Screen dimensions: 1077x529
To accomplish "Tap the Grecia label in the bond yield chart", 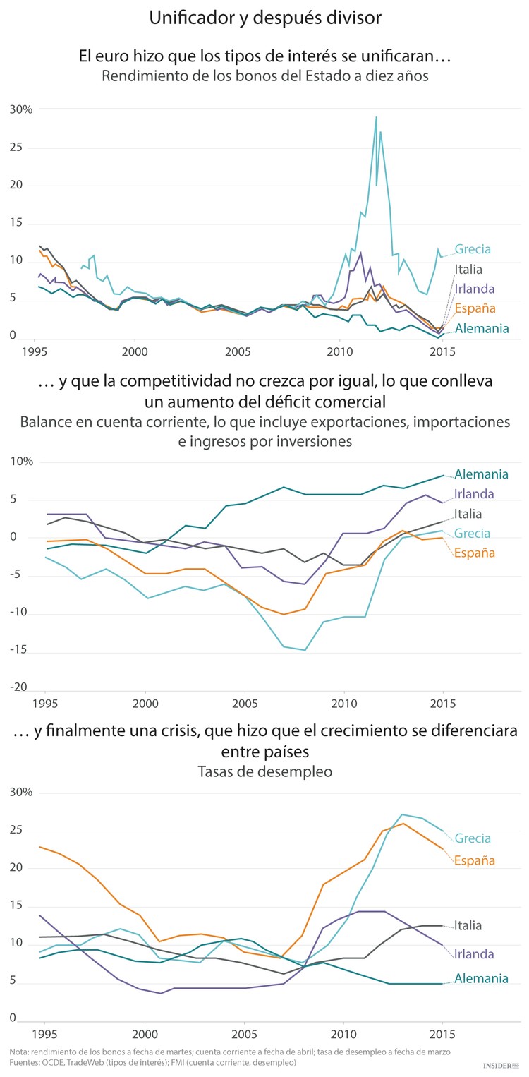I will (x=473, y=249).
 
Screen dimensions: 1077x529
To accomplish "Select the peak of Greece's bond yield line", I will (x=376, y=117).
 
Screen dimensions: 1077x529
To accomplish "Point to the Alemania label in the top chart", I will (x=482, y=328).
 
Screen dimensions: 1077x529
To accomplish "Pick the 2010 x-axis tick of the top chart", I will (x=339, y=351).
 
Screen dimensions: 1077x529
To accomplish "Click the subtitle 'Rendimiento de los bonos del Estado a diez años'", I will (x=264, y=76).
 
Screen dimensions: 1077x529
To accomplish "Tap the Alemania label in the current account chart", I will (x=482, y=474).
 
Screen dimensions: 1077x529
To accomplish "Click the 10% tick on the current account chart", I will (x=21, y=462).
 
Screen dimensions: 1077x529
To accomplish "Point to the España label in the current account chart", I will (x=475, y=553).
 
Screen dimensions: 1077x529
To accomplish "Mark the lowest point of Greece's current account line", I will (x=305, y=650).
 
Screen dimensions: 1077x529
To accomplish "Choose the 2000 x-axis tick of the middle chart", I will (x=145, y=704).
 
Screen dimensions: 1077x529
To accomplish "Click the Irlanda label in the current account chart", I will (x=474, y=494).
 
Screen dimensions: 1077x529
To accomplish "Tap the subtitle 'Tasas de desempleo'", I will (x=264, y=772).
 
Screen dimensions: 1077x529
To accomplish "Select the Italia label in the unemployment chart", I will (x=468, y=925).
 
